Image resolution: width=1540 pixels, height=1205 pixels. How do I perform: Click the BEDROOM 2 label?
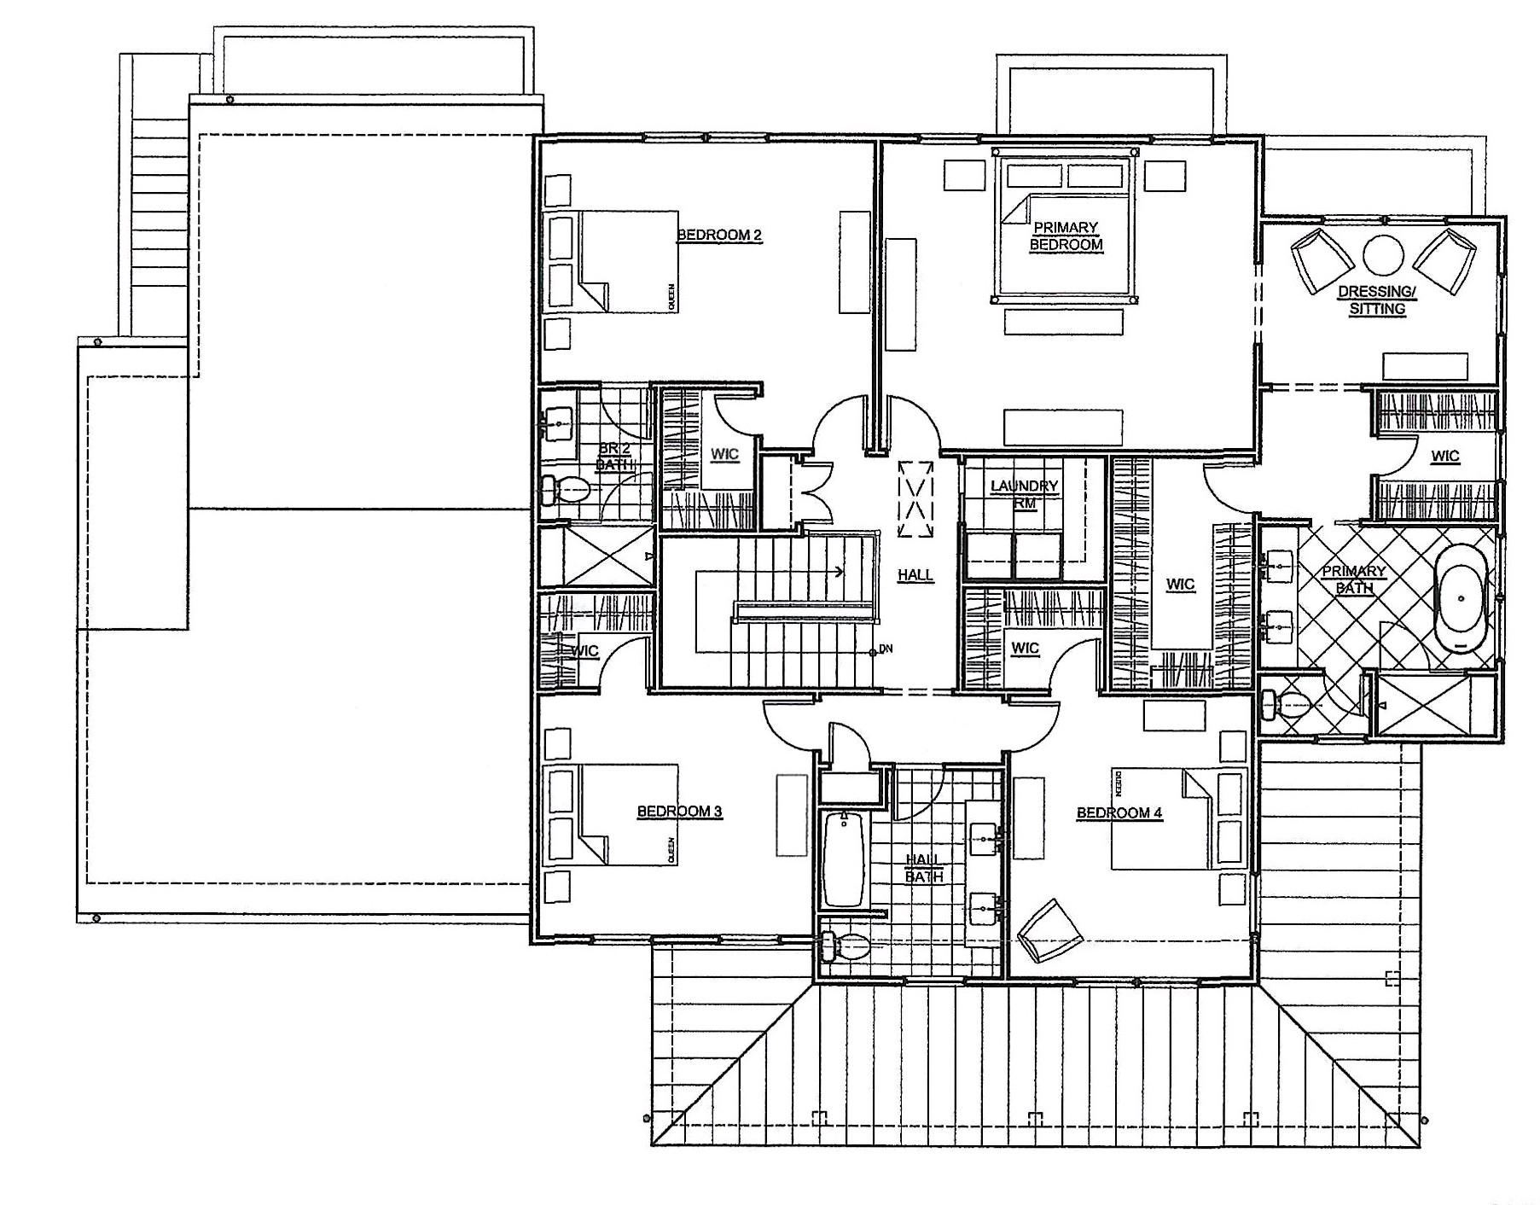click(x=718, y=235)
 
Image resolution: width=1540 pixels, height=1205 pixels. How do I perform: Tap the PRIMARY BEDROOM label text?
click(x=1066, y=236)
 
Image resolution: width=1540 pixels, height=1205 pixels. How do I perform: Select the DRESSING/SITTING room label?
click(x=1376, y=300)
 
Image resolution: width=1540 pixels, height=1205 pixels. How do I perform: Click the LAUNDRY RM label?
click(x=1024, y=494)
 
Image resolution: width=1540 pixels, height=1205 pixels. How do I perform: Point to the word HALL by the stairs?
click(x=915, y=575)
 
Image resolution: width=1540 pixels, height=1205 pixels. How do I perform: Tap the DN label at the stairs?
click(x=886, y=649)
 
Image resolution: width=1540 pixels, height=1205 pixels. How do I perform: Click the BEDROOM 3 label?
click(x=680, y=811)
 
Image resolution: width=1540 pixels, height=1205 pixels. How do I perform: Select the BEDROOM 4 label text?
click(x=1119, y=812)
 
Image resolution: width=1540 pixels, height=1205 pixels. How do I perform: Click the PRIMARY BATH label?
click(x=1353, y=579)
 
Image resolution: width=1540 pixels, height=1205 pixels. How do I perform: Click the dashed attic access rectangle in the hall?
click(x=915, y=499)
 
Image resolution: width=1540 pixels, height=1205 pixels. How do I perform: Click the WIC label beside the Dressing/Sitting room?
click(x=1444, y=456)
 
